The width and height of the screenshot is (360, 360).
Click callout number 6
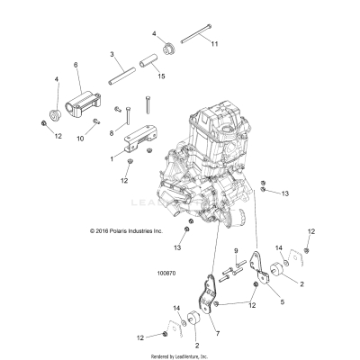(76, 65)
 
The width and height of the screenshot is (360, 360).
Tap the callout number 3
(112, 55)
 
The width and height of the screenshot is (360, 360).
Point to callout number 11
(214, 43)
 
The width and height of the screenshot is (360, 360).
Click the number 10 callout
(80, 139)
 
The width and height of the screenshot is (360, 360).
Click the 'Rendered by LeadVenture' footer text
(180, 355)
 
